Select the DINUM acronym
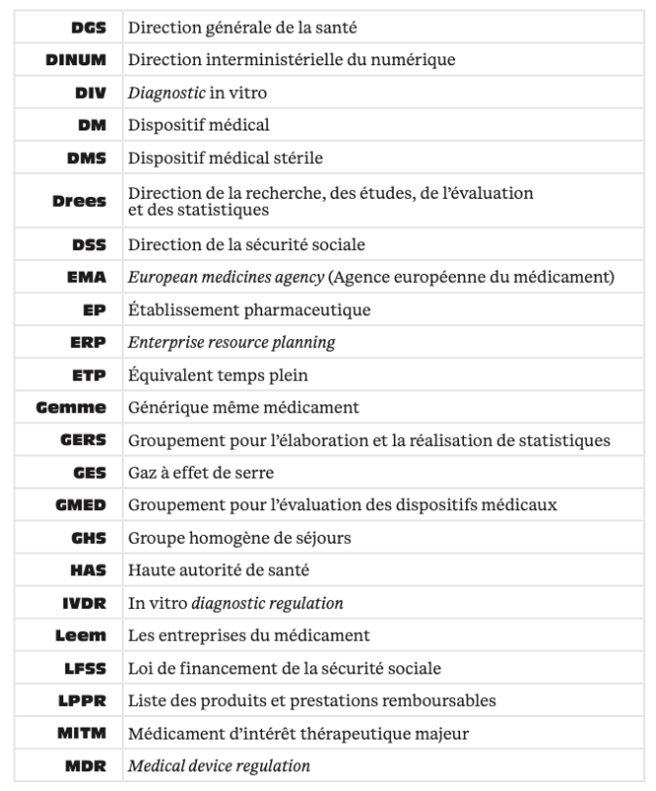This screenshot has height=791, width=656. [x=77, y=60]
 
